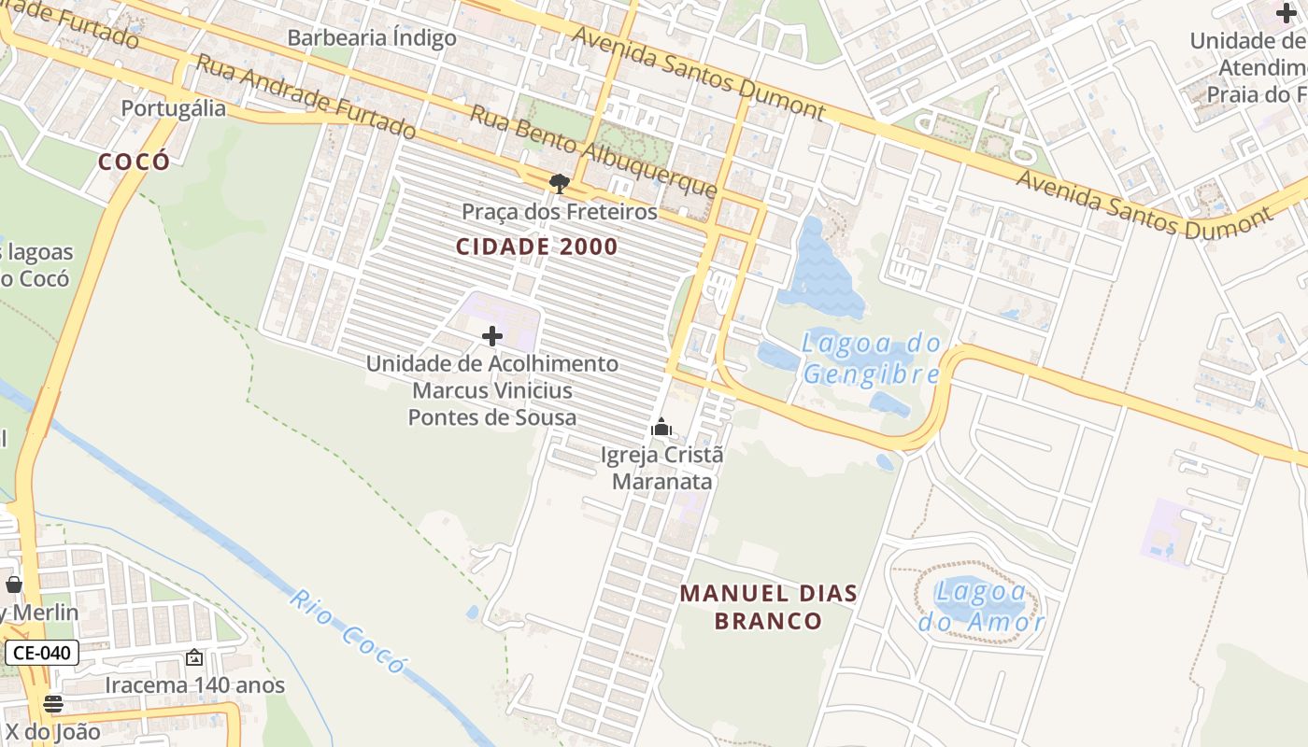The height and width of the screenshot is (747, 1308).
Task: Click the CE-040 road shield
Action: [x=42, y=653]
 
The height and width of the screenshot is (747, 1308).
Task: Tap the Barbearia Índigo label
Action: [x=372, y=38]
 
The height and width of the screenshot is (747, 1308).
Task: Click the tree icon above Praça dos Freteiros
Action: [x=559, y=183]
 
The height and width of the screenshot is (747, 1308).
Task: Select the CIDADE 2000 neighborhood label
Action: [x=537, y=247]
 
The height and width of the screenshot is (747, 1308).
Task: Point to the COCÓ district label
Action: [x=135, y=162]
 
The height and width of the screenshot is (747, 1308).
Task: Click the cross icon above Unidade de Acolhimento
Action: [x=492, y=336]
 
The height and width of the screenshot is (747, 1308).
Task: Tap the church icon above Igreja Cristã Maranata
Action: [x=661, y=428]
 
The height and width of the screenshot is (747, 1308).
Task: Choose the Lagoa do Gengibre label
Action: [x=871, y=359]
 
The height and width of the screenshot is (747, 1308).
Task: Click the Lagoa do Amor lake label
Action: [x=981, y=607]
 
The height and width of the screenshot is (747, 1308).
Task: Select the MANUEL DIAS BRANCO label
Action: [x=768, y=607]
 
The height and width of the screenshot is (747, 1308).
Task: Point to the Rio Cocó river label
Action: [x=348, y=632]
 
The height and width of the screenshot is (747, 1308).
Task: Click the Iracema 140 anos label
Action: [x=194, y=684]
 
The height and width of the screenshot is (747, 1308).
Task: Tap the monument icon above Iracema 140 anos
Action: [x=194, y=658]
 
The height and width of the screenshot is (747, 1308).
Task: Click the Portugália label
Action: [x=174, y=108]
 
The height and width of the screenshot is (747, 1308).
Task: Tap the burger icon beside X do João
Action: [x=53, y=704]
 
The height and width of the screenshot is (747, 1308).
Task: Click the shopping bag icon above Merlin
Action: [x=13, y=585]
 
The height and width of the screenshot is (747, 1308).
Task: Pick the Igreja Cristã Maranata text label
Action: [x=661, y=469]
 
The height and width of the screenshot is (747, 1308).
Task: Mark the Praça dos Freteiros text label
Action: [x=559, y=212]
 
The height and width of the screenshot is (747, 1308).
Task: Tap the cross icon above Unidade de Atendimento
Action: [x=1287, y=13]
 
